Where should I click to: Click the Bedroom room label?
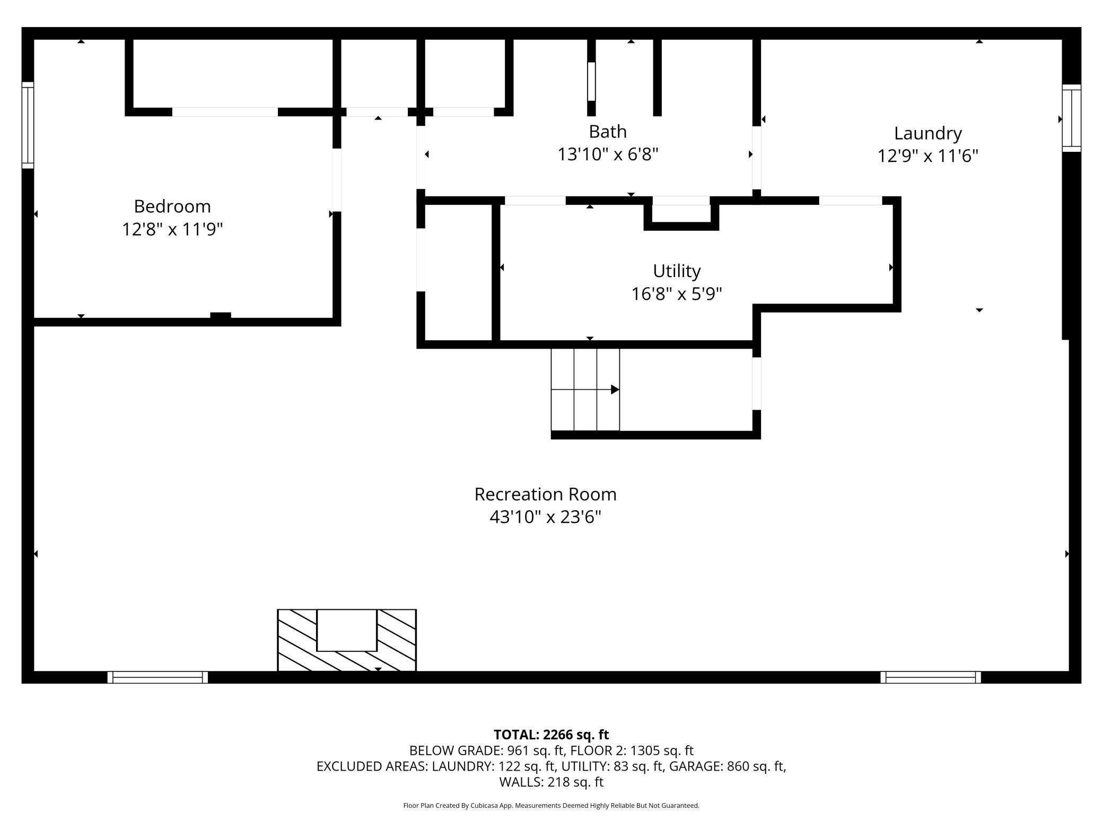tap(172, 206)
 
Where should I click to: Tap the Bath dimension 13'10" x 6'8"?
tap(608, 154)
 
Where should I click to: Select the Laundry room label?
tap(927, 133)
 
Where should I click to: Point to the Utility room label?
tap(677, 271)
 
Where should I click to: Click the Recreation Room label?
tap(545, 494)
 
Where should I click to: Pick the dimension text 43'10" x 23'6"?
tap(545, 517)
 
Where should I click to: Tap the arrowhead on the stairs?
tap(615, 390)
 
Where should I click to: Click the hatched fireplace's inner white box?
tap(347, 630)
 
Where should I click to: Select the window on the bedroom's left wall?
tap(28, 125)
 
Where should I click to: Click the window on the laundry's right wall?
tap(1071, 118)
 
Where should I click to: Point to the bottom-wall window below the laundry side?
tap(931, 677)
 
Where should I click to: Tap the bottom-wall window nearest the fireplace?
tap(157, 677)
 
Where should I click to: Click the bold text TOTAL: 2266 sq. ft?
tap(551, 735)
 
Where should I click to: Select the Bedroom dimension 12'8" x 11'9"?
tap(172, 229)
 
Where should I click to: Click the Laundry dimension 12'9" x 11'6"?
tap(927, 156)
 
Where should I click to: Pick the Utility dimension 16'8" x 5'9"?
tap(677, 294)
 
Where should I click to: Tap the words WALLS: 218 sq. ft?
tap(551, 782)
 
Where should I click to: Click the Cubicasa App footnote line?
tap(551, 806)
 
